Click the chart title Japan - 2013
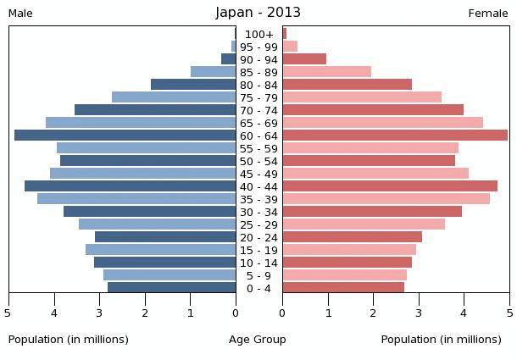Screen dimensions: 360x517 (258, 13)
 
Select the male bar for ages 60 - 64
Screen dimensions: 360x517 (125, 136)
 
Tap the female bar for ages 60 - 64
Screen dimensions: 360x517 (395, 136)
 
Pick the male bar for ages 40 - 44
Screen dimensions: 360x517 (131, 186)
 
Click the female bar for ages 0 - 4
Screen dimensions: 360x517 (343, 288)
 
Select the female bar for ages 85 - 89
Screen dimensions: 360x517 (327, 72)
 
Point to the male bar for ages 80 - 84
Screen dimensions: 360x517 (193, 85)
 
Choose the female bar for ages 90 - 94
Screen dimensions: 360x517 (304, 59)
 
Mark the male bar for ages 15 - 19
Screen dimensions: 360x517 (161, 250)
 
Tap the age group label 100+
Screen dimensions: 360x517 (259, 34)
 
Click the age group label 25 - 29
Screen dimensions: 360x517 (258, 224)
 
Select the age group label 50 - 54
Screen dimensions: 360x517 (258, 161)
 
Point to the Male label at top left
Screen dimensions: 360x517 (20, 14)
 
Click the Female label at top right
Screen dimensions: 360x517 (488, 14)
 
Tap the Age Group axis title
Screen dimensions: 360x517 (258, 340)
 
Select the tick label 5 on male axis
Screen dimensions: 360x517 (8, 313)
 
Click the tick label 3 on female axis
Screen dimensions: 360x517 (419, 313)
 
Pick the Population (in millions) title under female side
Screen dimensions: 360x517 (441, 340)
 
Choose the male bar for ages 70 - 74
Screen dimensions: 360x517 (155, 110)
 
